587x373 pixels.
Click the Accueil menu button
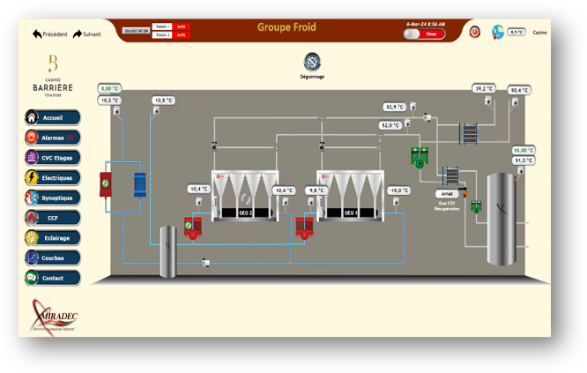coord(52,117)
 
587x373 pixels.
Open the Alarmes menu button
coord(52,138)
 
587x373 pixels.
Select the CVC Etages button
coord(52,158)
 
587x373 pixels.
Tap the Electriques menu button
coord(52,178)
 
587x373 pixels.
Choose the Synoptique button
coord(52,198)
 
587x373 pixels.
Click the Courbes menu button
coord(52,258)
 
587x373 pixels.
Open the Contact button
coord(52,278)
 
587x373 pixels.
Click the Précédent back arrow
coord(49,34)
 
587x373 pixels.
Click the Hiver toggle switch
coord(412,34)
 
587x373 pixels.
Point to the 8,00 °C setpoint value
coord(109,89)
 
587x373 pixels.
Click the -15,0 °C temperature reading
coord(399,190)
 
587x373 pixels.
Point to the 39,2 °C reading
coord(484,89)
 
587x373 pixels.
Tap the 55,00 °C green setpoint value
coord(524,150)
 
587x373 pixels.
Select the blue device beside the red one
coord(139,185)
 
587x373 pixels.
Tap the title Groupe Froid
coord(286,27)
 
